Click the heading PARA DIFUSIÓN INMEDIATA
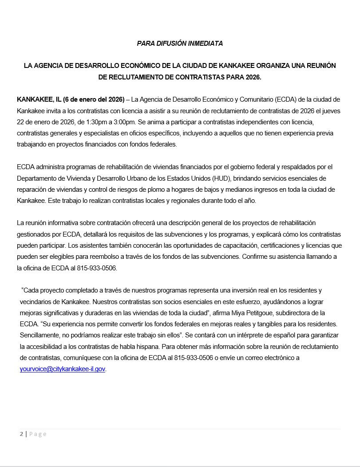click(x=180, y=44)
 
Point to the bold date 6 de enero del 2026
click(x=94, y=99)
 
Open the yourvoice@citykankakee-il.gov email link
click(x=63, y=369)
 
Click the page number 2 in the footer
click(x=21, y=434)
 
